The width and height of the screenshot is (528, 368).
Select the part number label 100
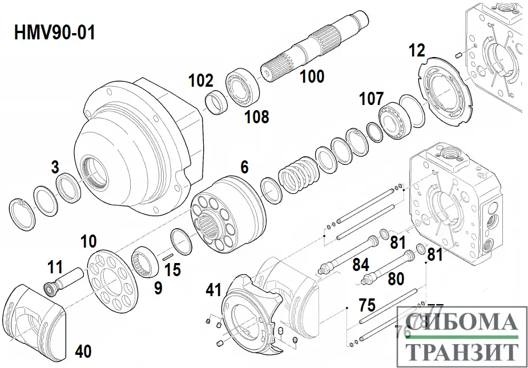point(312,76)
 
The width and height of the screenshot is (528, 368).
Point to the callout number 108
point(256,117)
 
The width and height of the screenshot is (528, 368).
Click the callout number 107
point(371,99)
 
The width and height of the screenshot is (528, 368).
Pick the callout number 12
point(417,51)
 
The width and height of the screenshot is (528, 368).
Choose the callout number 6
point(244,167)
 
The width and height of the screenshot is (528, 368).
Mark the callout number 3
point(55,167)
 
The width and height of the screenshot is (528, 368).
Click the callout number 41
point(213,291)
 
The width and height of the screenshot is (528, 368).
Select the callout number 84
point(360,264)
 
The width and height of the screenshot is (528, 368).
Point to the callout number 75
point(367,305)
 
